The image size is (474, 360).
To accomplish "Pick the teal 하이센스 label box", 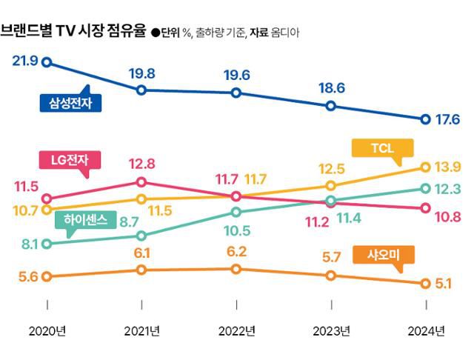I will coord(86,219).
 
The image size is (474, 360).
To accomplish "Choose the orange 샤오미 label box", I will coord(384,255).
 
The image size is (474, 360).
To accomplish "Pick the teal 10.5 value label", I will coord(236,230).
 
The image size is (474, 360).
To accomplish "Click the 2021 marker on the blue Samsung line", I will coord(141,90).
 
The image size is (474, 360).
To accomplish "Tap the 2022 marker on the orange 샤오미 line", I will coord(236,269).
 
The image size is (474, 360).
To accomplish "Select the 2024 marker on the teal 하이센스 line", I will coord(426,188).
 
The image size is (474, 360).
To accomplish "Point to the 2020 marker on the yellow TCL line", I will coord(47,209).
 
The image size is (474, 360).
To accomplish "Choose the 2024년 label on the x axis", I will coord(426,330).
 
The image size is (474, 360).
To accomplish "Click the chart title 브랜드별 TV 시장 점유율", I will coord(73,31).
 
